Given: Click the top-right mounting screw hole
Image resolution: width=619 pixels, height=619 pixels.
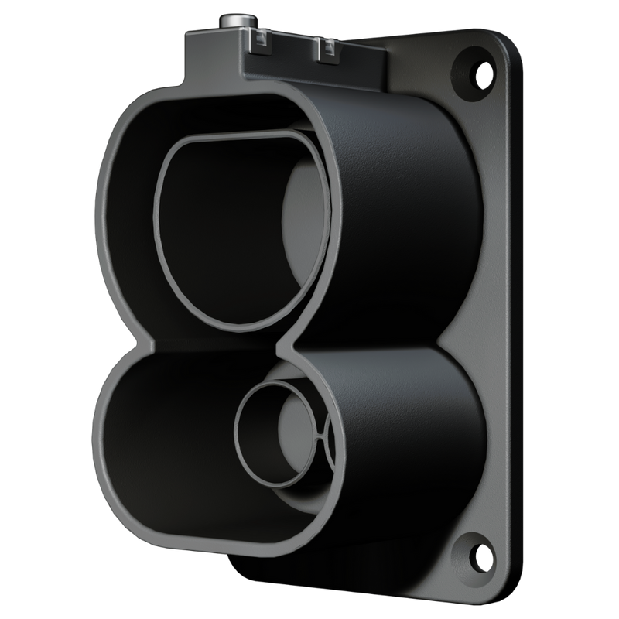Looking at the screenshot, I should click(474, 66).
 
